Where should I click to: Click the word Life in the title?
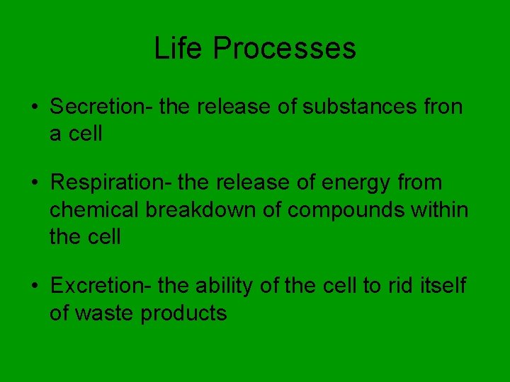click(178, 48)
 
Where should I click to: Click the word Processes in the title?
click(285, 48)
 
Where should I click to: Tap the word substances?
click(359, 106)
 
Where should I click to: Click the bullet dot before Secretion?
click(35, 107)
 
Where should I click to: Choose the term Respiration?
click(108, 183)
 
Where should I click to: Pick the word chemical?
click(94, 209)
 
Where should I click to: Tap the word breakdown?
click(200, 209)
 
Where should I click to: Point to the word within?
click(439, 209)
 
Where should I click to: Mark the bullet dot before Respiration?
click(35, 183)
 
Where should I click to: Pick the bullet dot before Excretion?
click(35, 286)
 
